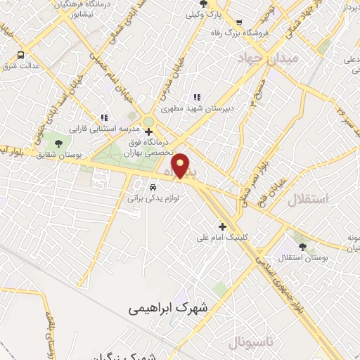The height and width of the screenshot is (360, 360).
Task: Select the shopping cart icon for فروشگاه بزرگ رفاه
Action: coord(239,22)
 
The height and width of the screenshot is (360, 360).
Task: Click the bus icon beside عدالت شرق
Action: coord(21,55)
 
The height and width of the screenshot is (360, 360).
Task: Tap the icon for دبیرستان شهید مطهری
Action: coord(198,97)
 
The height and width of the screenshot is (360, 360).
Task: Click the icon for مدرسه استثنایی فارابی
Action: coord(104,117)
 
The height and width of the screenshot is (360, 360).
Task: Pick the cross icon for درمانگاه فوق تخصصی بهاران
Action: coord(148,131)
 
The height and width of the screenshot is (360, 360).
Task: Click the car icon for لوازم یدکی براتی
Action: coord(153,187)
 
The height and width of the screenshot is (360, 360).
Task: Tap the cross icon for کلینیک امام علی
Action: coord(222,226)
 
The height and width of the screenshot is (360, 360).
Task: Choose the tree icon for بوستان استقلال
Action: coord(302,247)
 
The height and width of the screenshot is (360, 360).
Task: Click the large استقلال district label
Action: coord(308,199)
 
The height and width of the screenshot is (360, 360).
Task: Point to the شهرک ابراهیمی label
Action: coord(169,308)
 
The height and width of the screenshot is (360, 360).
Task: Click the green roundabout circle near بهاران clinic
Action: coord(148,122)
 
